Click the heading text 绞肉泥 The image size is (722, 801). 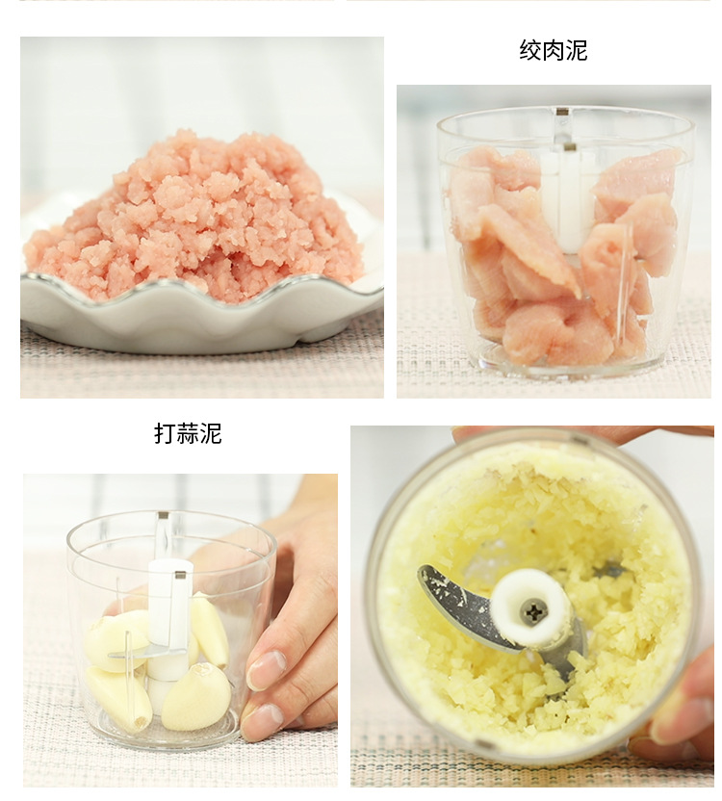pos(553,50)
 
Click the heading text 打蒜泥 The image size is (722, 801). pos(188,434)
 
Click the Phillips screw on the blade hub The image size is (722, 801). pos(532,610)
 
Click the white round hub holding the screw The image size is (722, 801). pos(530,607)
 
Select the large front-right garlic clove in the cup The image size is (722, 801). pos(197,697)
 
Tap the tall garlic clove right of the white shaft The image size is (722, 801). pos(209,630)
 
